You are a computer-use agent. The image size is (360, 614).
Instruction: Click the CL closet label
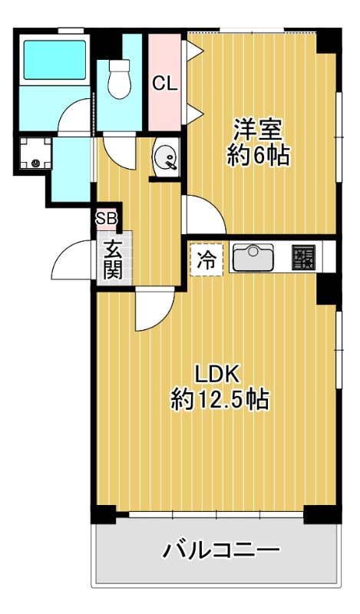(164, 84)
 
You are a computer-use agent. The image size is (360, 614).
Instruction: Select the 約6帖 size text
(259, 156)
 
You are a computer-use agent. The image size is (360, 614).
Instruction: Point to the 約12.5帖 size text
(220, 400)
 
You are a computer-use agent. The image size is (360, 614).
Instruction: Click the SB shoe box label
(107, 219)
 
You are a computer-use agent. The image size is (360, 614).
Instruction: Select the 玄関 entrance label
(113, 259)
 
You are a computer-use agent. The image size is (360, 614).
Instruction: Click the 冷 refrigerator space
(206, 260)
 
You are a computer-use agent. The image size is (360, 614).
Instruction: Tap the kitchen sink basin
(253, 257)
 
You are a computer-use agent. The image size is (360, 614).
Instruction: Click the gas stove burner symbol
(304, 257)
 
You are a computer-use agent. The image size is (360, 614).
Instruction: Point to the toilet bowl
(120, 78)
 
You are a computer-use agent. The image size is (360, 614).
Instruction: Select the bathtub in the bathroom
(54, 60)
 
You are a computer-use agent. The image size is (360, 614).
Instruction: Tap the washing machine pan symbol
(35, 153)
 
